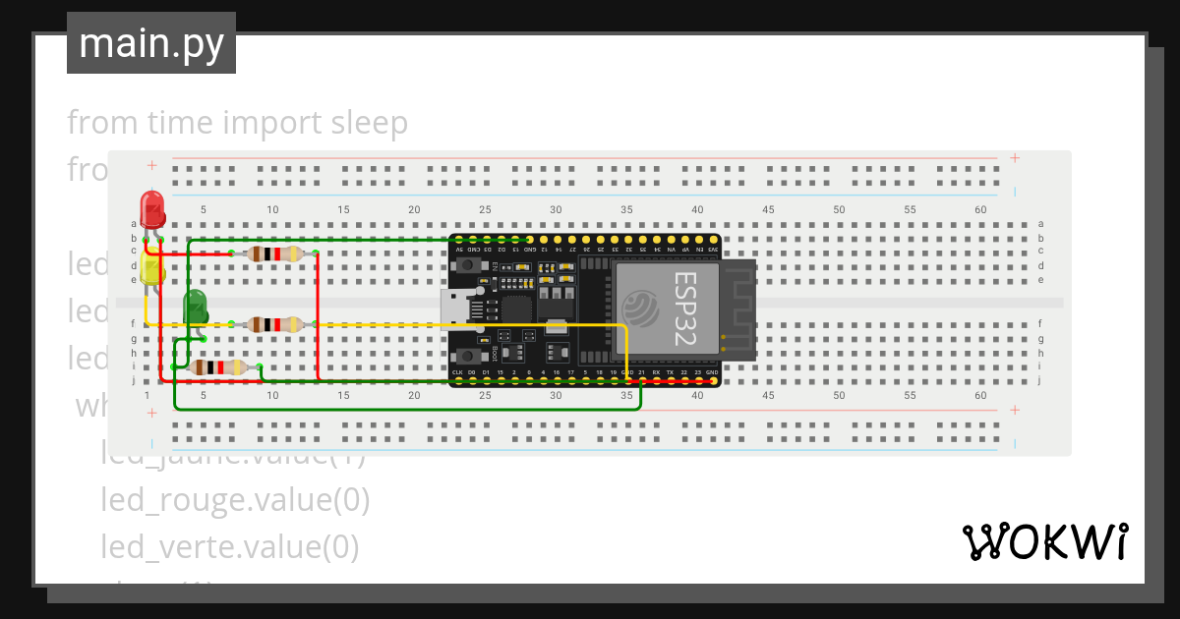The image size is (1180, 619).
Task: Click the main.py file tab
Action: [x=150, y=43]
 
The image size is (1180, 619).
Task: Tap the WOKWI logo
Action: [x=1043, y=541]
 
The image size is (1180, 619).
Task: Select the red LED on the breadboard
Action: [x=152, y=209]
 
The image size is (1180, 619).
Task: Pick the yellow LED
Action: [x=151, y=272]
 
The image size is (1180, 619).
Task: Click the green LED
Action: [x=195, y=307]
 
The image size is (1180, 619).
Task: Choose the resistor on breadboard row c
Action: [x=274, y=254]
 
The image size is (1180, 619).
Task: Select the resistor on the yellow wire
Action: [x=274, y=324]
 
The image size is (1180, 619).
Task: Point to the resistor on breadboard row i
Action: [x=218, y=367]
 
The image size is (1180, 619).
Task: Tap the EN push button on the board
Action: [x=469, y=264]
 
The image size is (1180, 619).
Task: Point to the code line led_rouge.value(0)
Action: [x=235, y=500]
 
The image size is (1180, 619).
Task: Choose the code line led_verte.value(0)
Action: [x=229, y=545]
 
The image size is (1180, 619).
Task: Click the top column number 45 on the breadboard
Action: [x=768, y=209]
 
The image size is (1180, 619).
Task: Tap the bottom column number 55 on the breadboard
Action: [x=910, y=395]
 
